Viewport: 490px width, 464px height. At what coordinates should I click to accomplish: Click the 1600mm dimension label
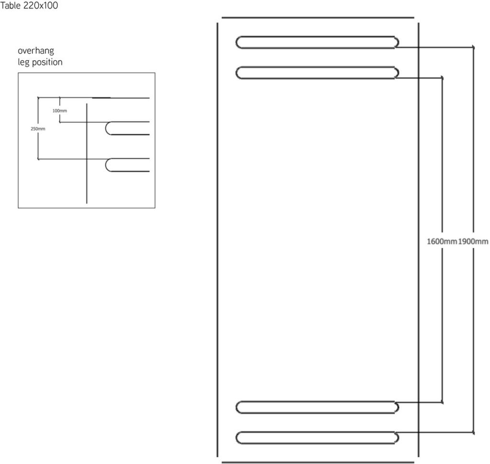point(442,241)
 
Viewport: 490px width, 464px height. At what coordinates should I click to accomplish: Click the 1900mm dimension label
point(473,241)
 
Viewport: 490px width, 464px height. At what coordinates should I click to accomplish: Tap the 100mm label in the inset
point(60,111)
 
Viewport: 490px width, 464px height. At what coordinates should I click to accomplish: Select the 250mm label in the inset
point(38,129)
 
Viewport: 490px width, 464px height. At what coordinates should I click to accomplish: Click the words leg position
point(40,62)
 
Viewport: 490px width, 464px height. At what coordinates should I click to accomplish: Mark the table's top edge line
point(318,18)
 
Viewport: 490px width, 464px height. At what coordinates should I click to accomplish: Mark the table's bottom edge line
point(318,462)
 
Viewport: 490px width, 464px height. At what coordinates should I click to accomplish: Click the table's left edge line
point(218,239)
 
